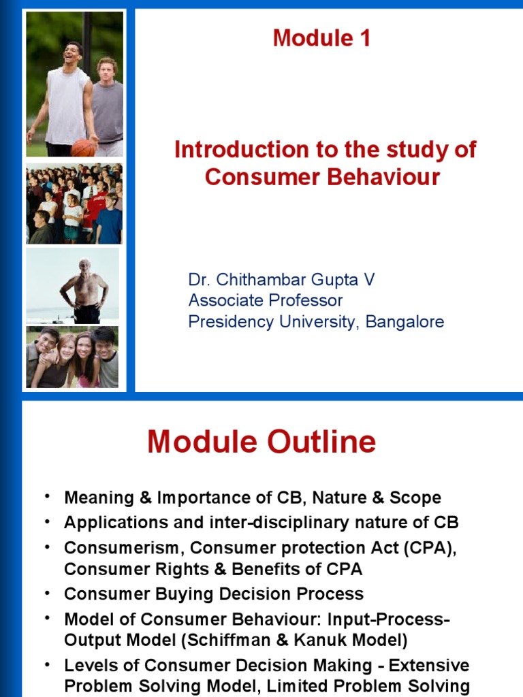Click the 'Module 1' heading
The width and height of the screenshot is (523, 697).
click(321, 38)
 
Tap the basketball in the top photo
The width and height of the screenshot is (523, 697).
click(83, 146)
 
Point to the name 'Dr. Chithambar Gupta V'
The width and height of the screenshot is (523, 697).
click(281, 280)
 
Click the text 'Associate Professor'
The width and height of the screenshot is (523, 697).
click(265, 301)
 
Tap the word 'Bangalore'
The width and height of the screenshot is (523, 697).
click(405, 321)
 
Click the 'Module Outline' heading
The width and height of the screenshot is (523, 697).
click(261, 442)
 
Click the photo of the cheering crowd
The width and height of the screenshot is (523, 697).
click(74, 204)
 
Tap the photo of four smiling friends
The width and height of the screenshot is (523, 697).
click(72, 357)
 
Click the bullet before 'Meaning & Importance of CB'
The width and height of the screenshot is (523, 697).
click(46, 496)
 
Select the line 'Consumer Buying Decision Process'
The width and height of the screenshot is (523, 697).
click(214, 594)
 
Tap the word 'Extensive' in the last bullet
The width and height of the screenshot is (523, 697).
click(430, 665)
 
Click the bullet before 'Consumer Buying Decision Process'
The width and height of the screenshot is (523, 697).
click(46, 592)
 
